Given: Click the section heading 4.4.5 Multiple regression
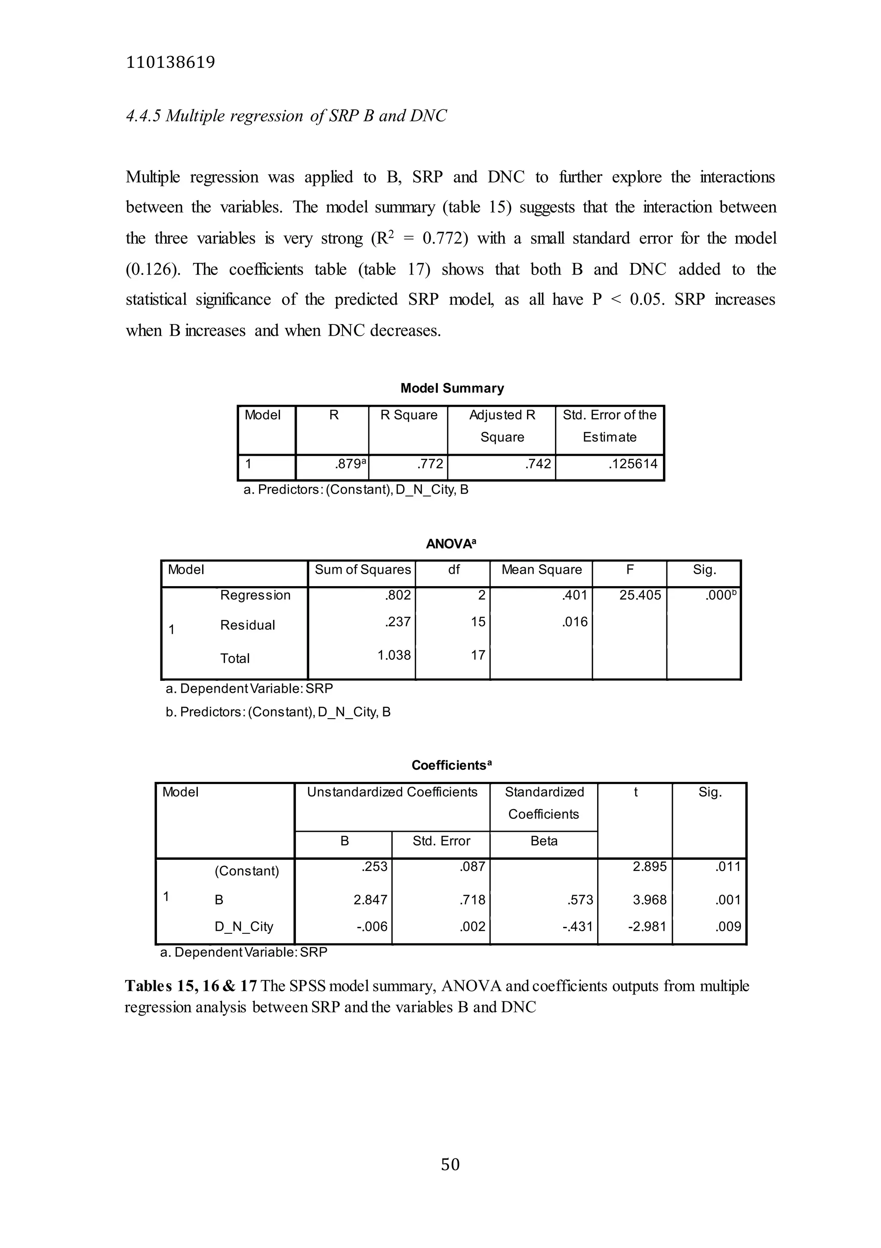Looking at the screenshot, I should point(286,116).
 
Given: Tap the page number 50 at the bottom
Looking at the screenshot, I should point(450,1164).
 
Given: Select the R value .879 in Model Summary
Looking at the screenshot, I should point(348,463).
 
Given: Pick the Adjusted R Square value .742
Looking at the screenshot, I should point(538,463).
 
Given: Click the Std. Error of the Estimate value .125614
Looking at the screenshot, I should point(633,463).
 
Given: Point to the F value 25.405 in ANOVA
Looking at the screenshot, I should point(640,595).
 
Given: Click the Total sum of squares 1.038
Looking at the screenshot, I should point(394,655).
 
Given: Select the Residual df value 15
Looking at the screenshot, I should point(478,621).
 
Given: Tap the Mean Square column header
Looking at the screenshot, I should point(541,570).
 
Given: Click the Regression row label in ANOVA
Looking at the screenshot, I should point(255,595).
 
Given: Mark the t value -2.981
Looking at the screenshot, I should point(647,926).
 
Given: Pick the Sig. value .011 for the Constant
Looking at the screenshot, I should point(728,866).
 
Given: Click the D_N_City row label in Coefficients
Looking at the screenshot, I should point(243,926).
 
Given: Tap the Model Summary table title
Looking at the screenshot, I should point(452,388).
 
